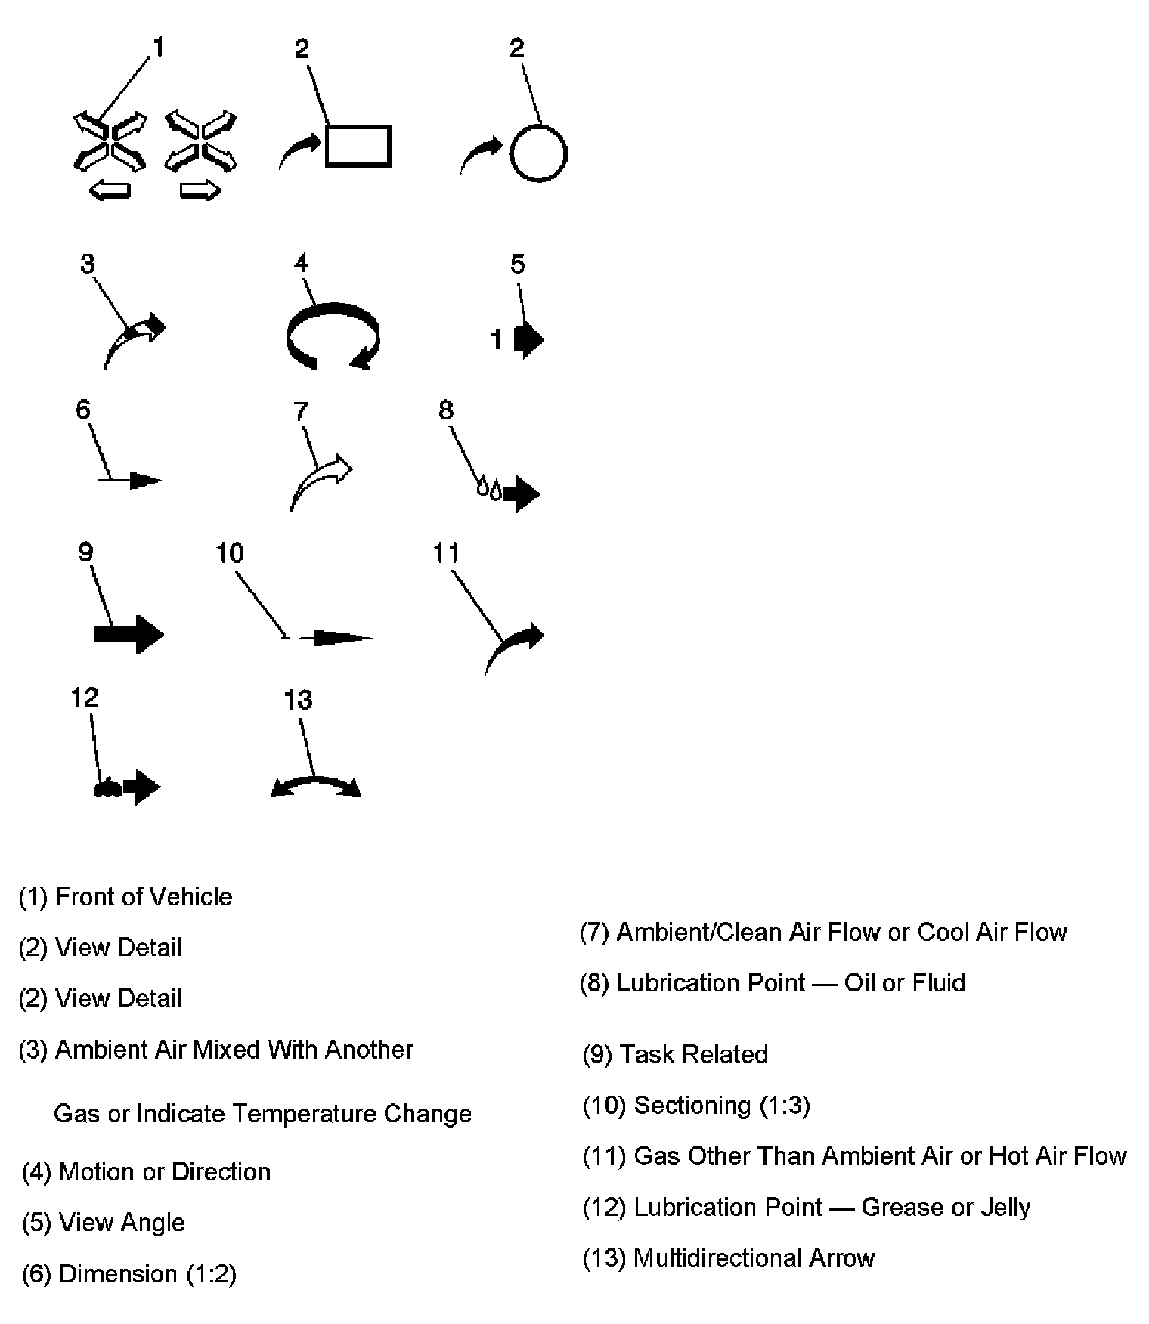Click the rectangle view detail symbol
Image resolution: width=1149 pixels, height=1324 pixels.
pos(358,146)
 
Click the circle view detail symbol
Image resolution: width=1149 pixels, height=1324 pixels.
pos(538,153)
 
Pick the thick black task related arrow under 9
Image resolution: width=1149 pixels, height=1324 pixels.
pos(129,634)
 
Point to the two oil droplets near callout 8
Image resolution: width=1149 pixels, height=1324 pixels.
pos(489,487)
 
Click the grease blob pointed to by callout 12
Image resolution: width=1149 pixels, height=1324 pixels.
pos(107,788)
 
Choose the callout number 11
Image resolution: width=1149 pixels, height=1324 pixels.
pos(446,553)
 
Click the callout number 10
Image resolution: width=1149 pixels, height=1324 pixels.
pos(230,553)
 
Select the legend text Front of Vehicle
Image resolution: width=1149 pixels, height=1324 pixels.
pos(144,897)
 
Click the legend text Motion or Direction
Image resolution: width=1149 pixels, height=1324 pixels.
pos(164,1172)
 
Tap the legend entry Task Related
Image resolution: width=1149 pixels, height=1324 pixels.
pos(693,1054)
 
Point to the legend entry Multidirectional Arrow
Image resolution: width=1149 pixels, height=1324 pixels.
pos(754,1257)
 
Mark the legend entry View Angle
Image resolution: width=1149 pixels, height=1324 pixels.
pos(122,1223)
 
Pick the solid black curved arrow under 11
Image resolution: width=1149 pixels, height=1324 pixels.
pos(514,646)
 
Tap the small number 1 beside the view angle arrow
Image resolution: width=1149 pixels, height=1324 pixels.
pos(496,340)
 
